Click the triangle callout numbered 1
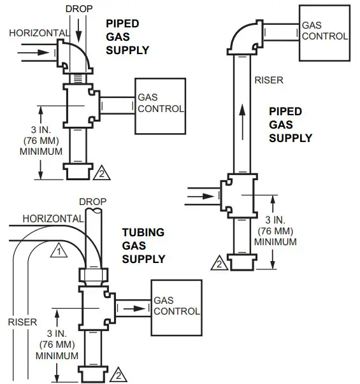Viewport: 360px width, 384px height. (59, 250)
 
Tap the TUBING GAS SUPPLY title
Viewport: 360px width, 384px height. (143, 246)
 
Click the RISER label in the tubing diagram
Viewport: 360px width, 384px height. (22, 322)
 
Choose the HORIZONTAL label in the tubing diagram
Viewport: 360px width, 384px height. (53, 218)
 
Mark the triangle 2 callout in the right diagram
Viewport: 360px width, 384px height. (219, 262)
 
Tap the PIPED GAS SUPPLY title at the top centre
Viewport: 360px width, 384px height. (127, 36)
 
